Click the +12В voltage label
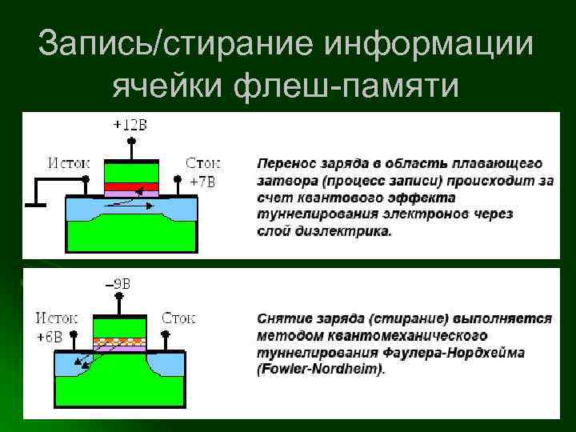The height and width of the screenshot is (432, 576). pyautogui.click(x=130, y=125)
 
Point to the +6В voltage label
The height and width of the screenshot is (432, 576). pyautogui.click(x=50, y=336)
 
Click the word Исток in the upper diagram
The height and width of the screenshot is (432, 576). pyautogui.click(x=70, y=162)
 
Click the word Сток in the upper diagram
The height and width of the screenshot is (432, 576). pyautogui.click(x=203, y=162)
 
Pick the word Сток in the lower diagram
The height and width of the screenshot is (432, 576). pyautogui.click(x=179, y=318)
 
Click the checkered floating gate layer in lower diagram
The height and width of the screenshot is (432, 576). pyautogui.click(x=119, y=341)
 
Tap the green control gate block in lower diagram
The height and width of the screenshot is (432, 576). pyautogui.click(x=119, y=326)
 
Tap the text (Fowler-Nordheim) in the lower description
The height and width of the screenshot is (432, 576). pyautogui.click(x=320, y=370)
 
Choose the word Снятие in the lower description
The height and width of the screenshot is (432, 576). pyautogui.click(x=283, y=318)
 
